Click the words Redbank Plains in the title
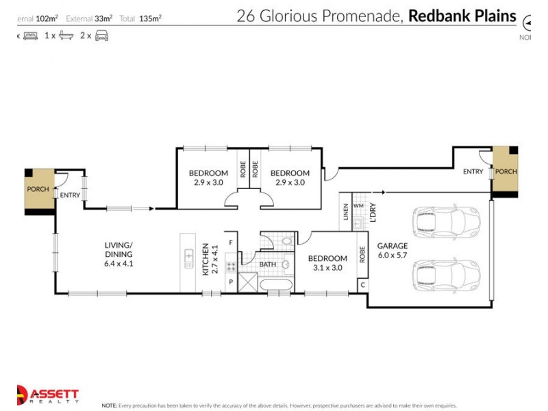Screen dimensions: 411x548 pyautogui.click(x=462, y=16)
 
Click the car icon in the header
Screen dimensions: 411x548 pyautogui.click(x=101, y=35)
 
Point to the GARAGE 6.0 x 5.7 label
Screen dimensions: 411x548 pyautogui.click(x=393, y=250)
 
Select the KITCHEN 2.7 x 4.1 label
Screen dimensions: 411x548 pyautogui.click(x=209, y=260)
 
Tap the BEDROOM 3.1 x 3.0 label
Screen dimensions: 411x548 pyautogui.click(x=327, y=263)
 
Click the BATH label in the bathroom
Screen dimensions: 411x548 pyautogui.click(x=267, y=264)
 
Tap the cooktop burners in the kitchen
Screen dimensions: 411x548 pyautogui.click(x=231, y=267)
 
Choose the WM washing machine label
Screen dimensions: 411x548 pyautogui.click(x=358, y=205)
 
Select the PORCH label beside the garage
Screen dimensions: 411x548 pyautogui.click(x=506, y=172)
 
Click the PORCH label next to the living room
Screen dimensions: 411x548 pyautogui.click(x=37, y=189)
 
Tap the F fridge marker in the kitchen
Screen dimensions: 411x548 pyautogui.click(x=231, y=242)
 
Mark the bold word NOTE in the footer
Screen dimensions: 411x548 pyautogui.click(x=110, y=406)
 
